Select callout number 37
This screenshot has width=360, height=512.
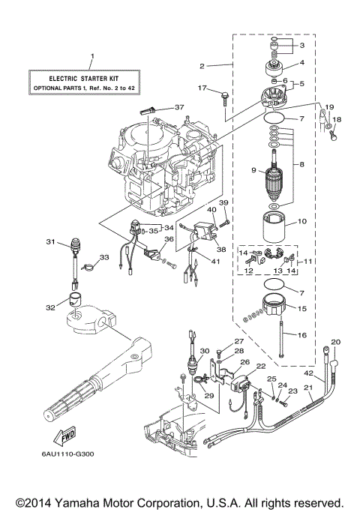[x=178, y=106]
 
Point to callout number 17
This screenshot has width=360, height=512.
[x=202, y=88]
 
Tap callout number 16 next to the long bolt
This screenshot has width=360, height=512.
[x=304, y=336]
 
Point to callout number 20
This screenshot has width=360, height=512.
[x=336, y=342]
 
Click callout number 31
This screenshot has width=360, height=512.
[x=50, y=241]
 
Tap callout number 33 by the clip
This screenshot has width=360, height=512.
[x=104, y=257]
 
